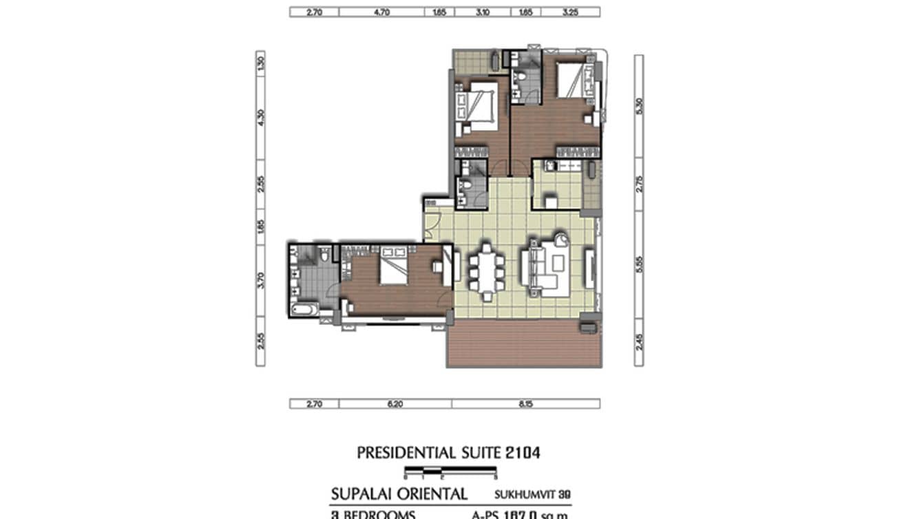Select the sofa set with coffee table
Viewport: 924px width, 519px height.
[546, 265]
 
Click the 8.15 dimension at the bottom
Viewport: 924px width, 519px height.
[525, 404]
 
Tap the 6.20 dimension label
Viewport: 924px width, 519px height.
[395, 404]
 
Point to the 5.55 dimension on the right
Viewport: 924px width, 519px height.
[639, 264]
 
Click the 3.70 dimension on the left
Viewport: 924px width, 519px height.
[260, 280]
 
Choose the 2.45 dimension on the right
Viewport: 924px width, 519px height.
[639, 341]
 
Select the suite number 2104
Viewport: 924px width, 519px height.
[521, 453]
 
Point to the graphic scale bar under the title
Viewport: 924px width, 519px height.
[450, 472]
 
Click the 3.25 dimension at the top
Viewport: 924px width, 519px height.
[570, 12]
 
